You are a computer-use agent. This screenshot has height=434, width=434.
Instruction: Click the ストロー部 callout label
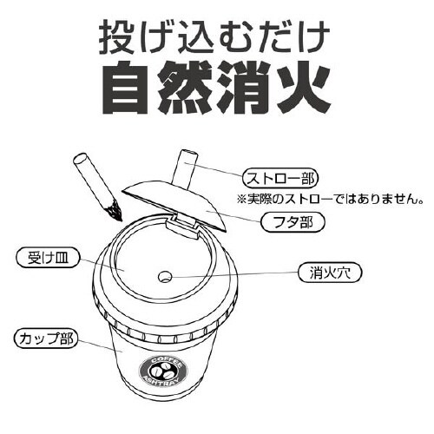279,179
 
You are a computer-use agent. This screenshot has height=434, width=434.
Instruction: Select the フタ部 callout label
293,223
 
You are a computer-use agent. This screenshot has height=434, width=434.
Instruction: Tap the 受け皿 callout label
48,258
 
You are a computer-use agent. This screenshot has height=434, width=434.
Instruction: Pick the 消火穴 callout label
330,273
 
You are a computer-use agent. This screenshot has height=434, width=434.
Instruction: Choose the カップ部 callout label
46,339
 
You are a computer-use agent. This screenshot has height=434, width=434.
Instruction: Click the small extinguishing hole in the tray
165,277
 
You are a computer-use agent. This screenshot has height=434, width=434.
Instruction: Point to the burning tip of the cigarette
115,210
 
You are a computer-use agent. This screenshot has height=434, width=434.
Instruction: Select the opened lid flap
174,205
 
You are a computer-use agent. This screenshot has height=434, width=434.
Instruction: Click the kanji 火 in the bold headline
305,88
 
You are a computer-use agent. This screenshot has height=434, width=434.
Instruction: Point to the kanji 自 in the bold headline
128,88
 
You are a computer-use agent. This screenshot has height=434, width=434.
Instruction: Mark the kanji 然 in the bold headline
186,88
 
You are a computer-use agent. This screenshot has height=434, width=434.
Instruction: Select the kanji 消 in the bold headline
246,88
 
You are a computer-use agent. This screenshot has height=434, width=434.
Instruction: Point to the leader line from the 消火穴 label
235,275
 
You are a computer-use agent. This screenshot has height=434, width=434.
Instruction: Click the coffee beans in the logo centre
163,372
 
